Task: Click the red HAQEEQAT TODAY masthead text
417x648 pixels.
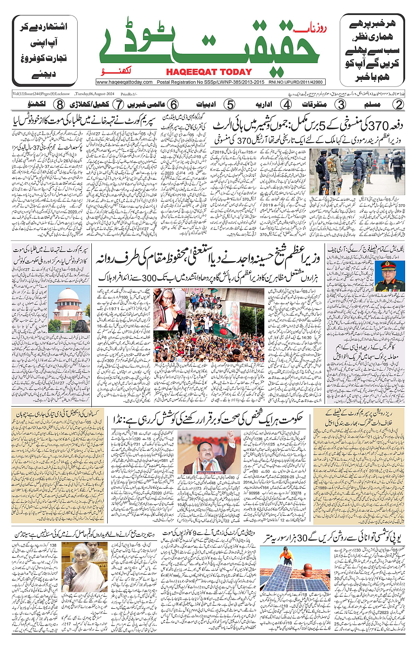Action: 209,72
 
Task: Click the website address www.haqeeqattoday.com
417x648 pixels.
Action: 124,82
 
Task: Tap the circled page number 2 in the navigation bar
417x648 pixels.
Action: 398,105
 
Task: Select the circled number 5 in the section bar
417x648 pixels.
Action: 230,105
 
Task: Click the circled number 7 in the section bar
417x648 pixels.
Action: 118,105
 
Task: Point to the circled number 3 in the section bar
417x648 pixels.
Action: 341,105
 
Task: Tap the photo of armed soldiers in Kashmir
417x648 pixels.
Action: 357,172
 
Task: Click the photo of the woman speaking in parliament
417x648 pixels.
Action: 84,567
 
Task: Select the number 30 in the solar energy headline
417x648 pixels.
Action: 301,538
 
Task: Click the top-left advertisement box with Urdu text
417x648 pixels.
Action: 44,51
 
